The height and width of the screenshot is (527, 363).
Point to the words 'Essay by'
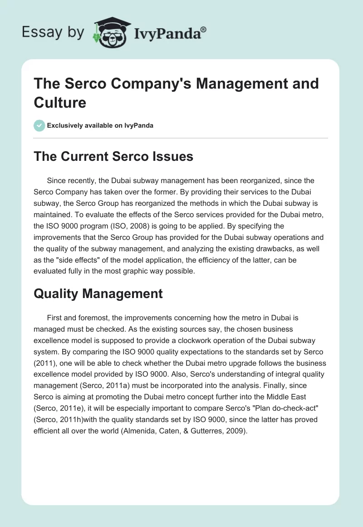(x=53, y=32)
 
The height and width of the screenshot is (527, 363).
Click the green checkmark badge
(x=39, y=125)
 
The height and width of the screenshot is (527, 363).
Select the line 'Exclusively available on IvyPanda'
(x=100, y=125)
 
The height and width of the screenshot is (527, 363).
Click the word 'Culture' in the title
(x=60, y=103)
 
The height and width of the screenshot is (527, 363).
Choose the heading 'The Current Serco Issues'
(x=113, y=157)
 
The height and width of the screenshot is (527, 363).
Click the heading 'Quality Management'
(x=98, y=294)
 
